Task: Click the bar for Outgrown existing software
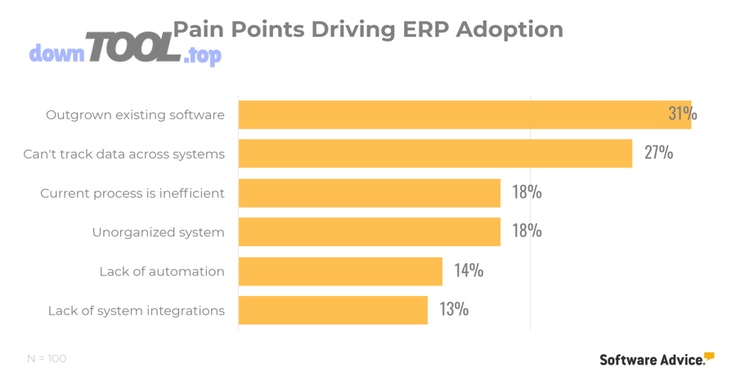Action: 464,114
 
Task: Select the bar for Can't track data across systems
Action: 435,153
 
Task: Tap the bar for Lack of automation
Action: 340,271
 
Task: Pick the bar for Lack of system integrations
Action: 333,311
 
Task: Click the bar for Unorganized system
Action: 369,232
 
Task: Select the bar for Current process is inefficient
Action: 369,193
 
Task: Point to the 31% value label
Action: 682,114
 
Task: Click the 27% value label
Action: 658,153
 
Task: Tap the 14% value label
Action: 469,271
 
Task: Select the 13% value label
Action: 454,310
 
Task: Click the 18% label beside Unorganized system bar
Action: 527,231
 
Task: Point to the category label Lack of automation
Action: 162,271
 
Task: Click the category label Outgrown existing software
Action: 135,114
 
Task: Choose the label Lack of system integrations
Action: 136,311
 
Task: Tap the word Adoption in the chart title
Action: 509,30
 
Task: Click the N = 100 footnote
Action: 47,359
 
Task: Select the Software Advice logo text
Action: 652,360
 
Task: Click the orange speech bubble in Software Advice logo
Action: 709,356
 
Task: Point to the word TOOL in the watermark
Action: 133,48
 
